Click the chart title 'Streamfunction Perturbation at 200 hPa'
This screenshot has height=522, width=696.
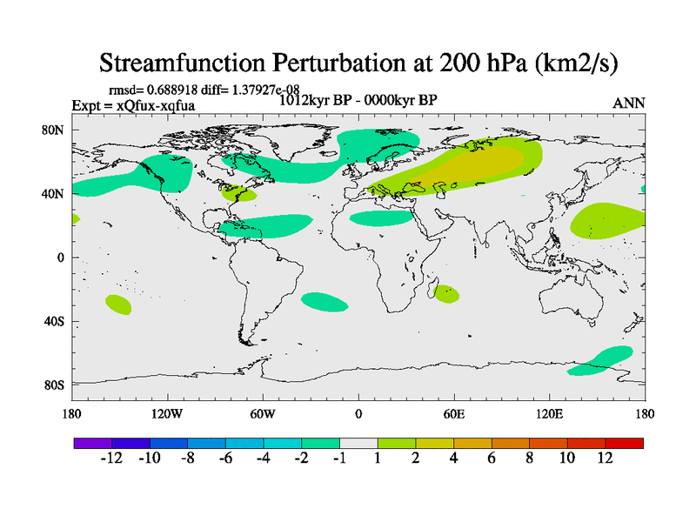[360, 63]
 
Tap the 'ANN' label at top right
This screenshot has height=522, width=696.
[629, 104]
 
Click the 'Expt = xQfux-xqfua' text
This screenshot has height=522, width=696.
[133, 106]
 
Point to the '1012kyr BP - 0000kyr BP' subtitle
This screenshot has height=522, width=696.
[357, 99]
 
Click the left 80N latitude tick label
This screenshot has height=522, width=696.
[54, 130]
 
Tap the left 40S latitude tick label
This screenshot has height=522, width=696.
[54, 321]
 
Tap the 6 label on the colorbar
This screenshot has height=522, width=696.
[492, 458]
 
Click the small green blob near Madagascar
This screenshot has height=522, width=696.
[447, 294]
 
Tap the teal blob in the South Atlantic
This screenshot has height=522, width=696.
[324, 302]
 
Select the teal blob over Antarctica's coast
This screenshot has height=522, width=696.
[601, 360]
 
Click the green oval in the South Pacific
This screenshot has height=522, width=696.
[118, 304]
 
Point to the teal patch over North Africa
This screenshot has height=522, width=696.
[380, 217]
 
